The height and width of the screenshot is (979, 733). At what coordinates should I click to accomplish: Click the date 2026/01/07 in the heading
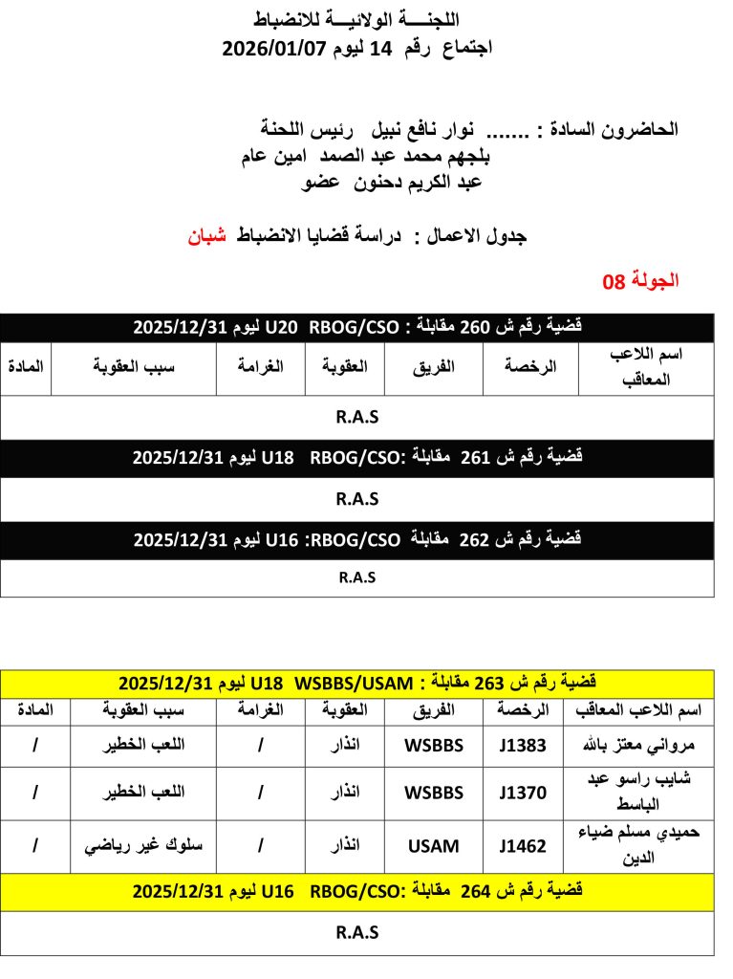point(275,48)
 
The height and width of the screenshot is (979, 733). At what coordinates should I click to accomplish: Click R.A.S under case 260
point(357,417)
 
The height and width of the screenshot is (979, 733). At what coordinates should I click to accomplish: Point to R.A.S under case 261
point(357,498)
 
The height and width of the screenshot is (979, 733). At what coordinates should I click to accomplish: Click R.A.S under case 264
point(357,932)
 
